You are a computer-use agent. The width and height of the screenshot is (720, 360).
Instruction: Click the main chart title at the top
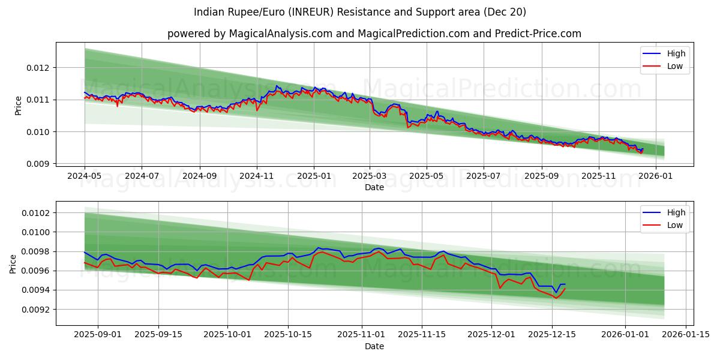[x=360, y=12]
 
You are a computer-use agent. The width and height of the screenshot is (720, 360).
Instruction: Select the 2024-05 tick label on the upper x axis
[x=85, y=176]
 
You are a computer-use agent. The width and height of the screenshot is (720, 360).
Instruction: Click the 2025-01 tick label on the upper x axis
[x=314, y=176]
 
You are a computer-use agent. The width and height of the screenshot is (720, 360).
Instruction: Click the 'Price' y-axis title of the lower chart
[x=13, y=263]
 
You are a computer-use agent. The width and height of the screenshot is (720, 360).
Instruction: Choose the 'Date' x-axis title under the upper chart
[x=374, y=187]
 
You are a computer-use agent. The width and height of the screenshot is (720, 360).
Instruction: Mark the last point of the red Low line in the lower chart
[x=565, y=289]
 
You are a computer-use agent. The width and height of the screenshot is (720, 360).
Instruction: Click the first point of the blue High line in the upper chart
[x=85, y=92]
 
